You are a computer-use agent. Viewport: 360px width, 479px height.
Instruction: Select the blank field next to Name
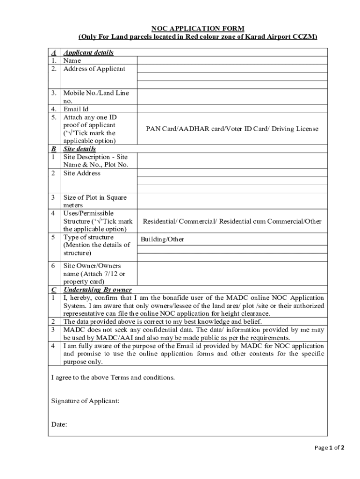[232, 60]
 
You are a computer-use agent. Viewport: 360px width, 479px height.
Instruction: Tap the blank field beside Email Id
[232, 109]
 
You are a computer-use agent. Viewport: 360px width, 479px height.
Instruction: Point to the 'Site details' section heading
[79, 149]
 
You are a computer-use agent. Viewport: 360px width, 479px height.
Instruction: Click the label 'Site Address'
[82, 173]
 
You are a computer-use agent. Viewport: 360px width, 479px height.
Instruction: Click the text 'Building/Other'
[162, 239]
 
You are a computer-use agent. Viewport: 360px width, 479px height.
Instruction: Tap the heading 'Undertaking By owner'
[97, 290]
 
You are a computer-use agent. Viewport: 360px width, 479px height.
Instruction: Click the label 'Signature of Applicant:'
[85, 401]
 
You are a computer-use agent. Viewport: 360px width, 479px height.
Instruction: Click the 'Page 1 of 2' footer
[329, 447]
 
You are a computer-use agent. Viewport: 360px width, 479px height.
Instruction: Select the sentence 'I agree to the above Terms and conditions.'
[113, 377]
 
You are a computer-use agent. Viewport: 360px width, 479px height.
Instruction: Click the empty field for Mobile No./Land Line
[232, 97]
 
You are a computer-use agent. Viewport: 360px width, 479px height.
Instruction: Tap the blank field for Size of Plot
[232, 201]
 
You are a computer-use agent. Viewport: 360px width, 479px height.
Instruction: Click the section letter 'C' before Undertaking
[54, 290]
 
